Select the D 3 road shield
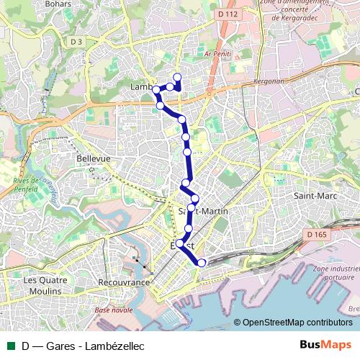pyautogui.click(x=77, y=42)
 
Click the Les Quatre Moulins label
pyautogui.click(x=44, y=285)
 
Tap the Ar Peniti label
pyautogui.click(x=217, y=54)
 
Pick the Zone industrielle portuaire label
pyautogui.click(x=336, y=273)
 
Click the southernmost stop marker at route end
pyautogui.click(x=201, y=263)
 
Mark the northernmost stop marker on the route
pyautogui.click(x=177, y=77)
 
